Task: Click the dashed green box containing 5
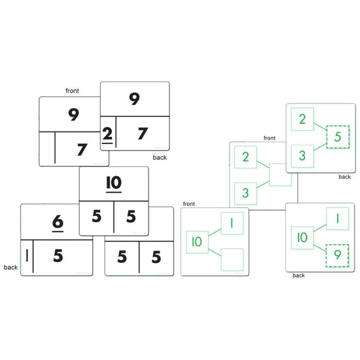(x=338, y=137)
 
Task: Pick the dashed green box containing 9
(x=337, y=256)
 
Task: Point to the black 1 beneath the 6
(x=27, y=255)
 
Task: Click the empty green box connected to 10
(x=232, y=260)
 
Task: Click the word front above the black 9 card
(x=73, y=91)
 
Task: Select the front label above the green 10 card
(x=189, y=204)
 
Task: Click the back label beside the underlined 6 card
(x=11, y=267)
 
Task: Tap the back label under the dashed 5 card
(x=345, y=177)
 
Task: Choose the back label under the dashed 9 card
(x=298, y=275)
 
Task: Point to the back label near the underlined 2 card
(x=159, y=157)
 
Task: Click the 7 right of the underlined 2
(x=142, y=134)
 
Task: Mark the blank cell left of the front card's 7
(x=47, y=148)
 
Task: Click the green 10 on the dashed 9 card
(x=302, y=238)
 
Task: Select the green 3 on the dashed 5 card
(x=302, y=156)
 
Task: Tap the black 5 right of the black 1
(x=58, y=256)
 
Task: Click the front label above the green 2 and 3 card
(x=269, y=138)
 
